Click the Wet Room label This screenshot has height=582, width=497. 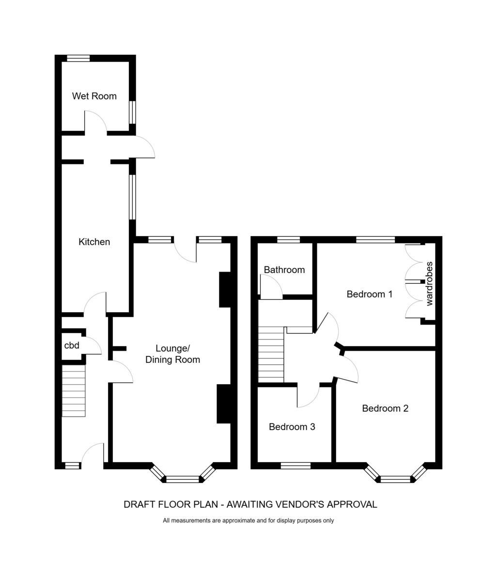[x=94, y=96]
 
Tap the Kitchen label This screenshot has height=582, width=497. [x=94, y=242]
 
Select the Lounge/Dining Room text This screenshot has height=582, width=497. [x=172, y=354]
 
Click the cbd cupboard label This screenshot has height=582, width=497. [x=72, y=345]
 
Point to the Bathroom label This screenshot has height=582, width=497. [x=284, y=270]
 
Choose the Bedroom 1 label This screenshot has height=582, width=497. [x=369, y=294]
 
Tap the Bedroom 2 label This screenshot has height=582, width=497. [x=385, y=408]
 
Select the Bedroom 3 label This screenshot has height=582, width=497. [x=292, y=427]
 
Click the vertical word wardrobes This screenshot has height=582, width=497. [x=429, y=284]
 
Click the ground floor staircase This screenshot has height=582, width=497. [x=74, y=390]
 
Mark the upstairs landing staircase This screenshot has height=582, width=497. [x=271, y=354]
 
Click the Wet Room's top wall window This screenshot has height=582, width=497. [x=78, y=58]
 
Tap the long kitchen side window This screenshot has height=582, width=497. [x=132, y=197]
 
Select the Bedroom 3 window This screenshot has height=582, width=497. [x=295, y=466]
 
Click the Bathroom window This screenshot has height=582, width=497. [x=289, y=240]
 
